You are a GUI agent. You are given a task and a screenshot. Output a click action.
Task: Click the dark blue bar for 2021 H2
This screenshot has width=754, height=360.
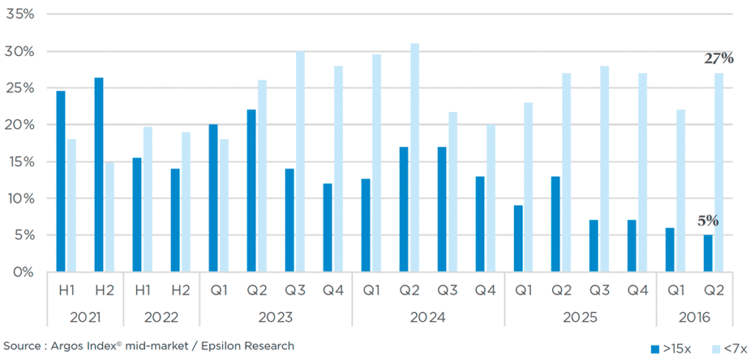(99, 174)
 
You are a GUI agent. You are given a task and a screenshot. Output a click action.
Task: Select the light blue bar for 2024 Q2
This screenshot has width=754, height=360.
(415, 158)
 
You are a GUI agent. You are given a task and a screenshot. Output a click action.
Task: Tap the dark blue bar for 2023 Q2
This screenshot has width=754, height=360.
(251, 191)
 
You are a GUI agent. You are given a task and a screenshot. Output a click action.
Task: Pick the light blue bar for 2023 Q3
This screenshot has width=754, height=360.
(300, 161)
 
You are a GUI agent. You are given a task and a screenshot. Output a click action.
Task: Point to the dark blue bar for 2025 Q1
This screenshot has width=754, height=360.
(518, 239)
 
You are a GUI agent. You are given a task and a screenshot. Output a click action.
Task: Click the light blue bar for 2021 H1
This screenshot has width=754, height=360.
(71, 205)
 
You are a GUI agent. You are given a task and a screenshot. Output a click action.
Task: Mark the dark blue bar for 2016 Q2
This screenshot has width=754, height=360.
(708, 253)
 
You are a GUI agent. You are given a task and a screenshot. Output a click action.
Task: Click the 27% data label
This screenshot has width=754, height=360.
(719, 59)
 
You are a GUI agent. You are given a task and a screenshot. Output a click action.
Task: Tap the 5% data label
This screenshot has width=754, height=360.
(708, 221)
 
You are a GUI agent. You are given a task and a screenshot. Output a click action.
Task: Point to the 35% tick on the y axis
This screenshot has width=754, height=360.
(20, 15)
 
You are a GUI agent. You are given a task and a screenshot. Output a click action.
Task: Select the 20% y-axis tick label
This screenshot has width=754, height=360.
(20, 125)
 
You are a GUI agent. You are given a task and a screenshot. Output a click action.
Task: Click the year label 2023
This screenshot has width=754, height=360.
(275, 318)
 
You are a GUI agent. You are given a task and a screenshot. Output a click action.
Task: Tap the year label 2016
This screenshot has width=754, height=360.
(694, 318)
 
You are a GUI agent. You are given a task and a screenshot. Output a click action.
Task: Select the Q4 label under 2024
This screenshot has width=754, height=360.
(485, 291)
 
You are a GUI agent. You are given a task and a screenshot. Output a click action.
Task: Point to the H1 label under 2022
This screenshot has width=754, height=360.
(142, 291)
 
